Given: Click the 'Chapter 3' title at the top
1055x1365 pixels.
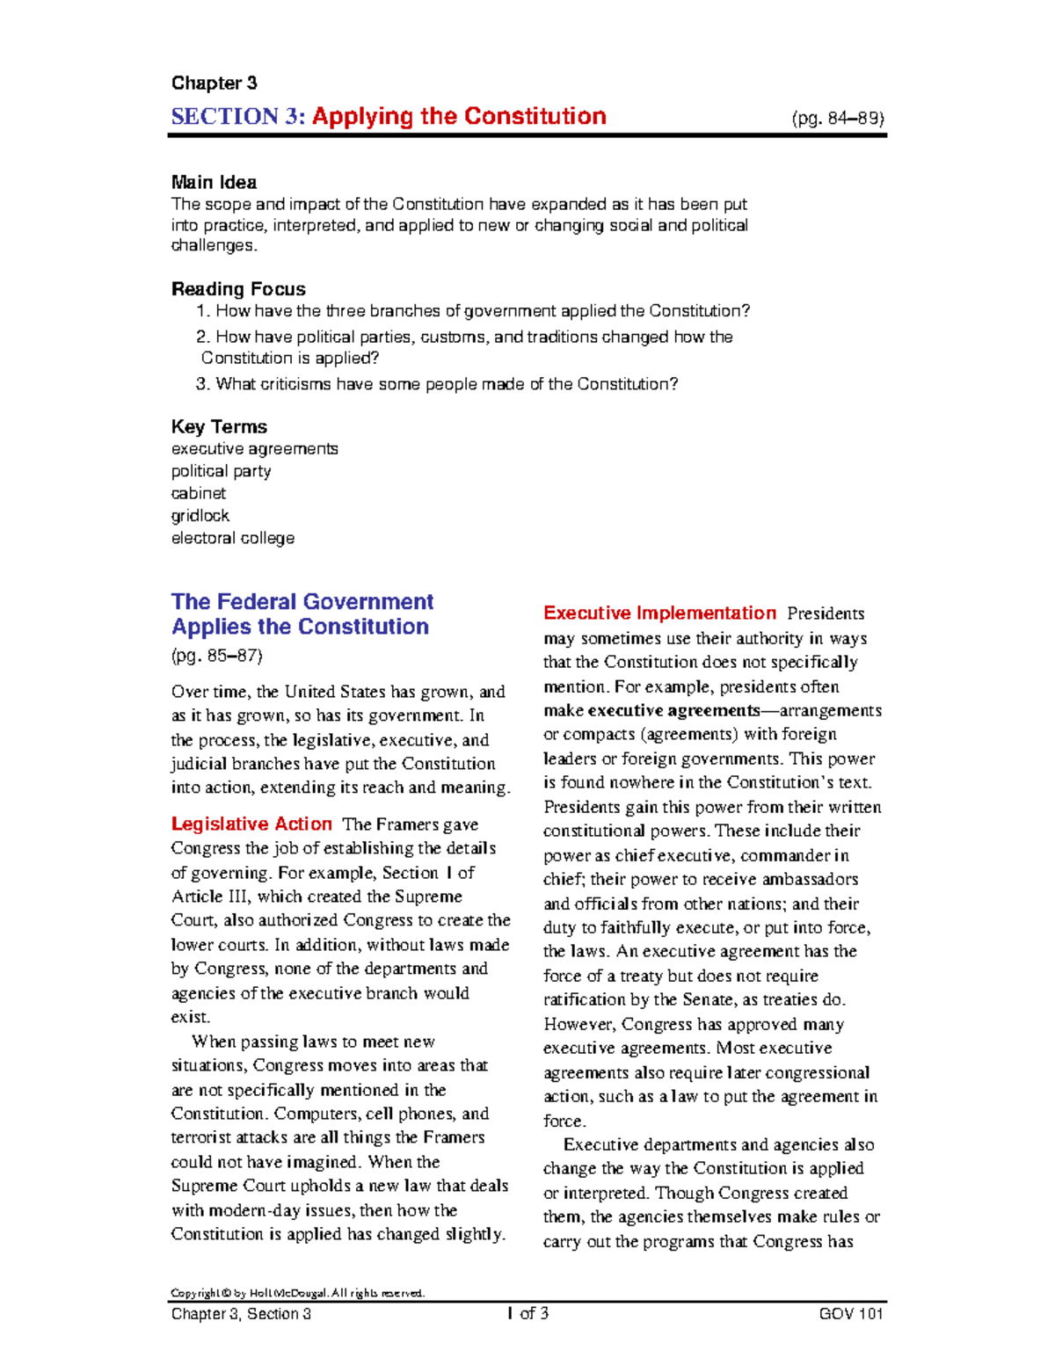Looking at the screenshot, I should point(214,83).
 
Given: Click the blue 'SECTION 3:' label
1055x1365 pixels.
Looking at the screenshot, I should point(237,117).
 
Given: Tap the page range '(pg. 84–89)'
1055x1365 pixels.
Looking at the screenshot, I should point(837,119).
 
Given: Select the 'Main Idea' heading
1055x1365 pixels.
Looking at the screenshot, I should point(214,183).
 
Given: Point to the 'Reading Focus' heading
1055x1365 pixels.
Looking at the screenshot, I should point(238,289).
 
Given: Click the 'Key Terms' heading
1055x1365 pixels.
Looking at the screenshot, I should point(219,427).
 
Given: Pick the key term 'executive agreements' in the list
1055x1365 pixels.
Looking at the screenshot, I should point(254,449).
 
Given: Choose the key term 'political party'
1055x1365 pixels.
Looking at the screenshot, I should point(221,471).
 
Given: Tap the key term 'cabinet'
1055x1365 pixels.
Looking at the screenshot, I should point(198,493).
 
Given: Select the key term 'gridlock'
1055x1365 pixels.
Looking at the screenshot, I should point(200,516).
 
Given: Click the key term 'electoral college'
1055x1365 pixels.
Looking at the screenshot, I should point(232,538).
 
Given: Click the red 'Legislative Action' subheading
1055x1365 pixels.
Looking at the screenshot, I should point(251,824).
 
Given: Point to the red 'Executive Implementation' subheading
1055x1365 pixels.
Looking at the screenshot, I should point(659,614).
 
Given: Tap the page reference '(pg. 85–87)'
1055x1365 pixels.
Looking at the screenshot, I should point(216,656).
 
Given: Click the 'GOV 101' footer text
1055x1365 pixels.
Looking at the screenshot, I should point(850,1314).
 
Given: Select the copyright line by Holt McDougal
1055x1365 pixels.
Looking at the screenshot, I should point(297,1293).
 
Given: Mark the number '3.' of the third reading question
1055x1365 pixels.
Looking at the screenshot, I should point(203,384).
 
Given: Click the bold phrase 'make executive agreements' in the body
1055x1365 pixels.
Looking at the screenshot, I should point(651,711).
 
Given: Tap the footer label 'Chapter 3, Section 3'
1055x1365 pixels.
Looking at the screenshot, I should point(241,1314).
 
